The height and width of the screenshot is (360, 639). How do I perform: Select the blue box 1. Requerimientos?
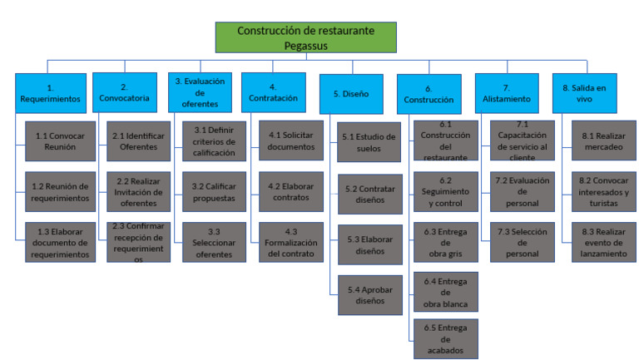[x=49, y=91]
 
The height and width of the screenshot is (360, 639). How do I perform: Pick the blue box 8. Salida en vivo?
[x=585, y=91]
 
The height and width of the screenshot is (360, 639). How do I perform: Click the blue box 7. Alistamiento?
[x=507, y=92]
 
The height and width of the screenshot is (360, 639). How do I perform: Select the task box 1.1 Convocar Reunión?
[x=61, y=141]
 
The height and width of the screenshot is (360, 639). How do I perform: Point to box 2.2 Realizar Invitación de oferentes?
[x=137, y=192]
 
